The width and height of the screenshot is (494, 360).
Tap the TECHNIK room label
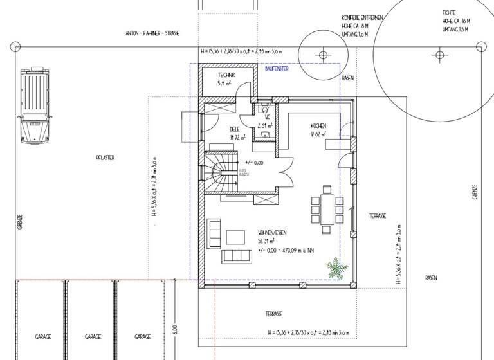(226, 76)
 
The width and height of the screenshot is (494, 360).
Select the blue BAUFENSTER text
(277, 69)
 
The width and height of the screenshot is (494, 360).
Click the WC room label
(267, 117)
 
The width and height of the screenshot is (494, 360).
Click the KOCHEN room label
(318, 125)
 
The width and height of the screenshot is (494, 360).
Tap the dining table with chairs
(324, 204)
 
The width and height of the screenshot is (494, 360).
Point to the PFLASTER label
(105, 157)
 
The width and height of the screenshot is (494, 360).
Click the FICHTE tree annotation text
(449, 13)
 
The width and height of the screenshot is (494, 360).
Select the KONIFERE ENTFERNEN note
(364, 17)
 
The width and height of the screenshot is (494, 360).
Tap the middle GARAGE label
(93, 336)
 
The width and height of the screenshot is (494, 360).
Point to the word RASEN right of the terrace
(430, 278)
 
